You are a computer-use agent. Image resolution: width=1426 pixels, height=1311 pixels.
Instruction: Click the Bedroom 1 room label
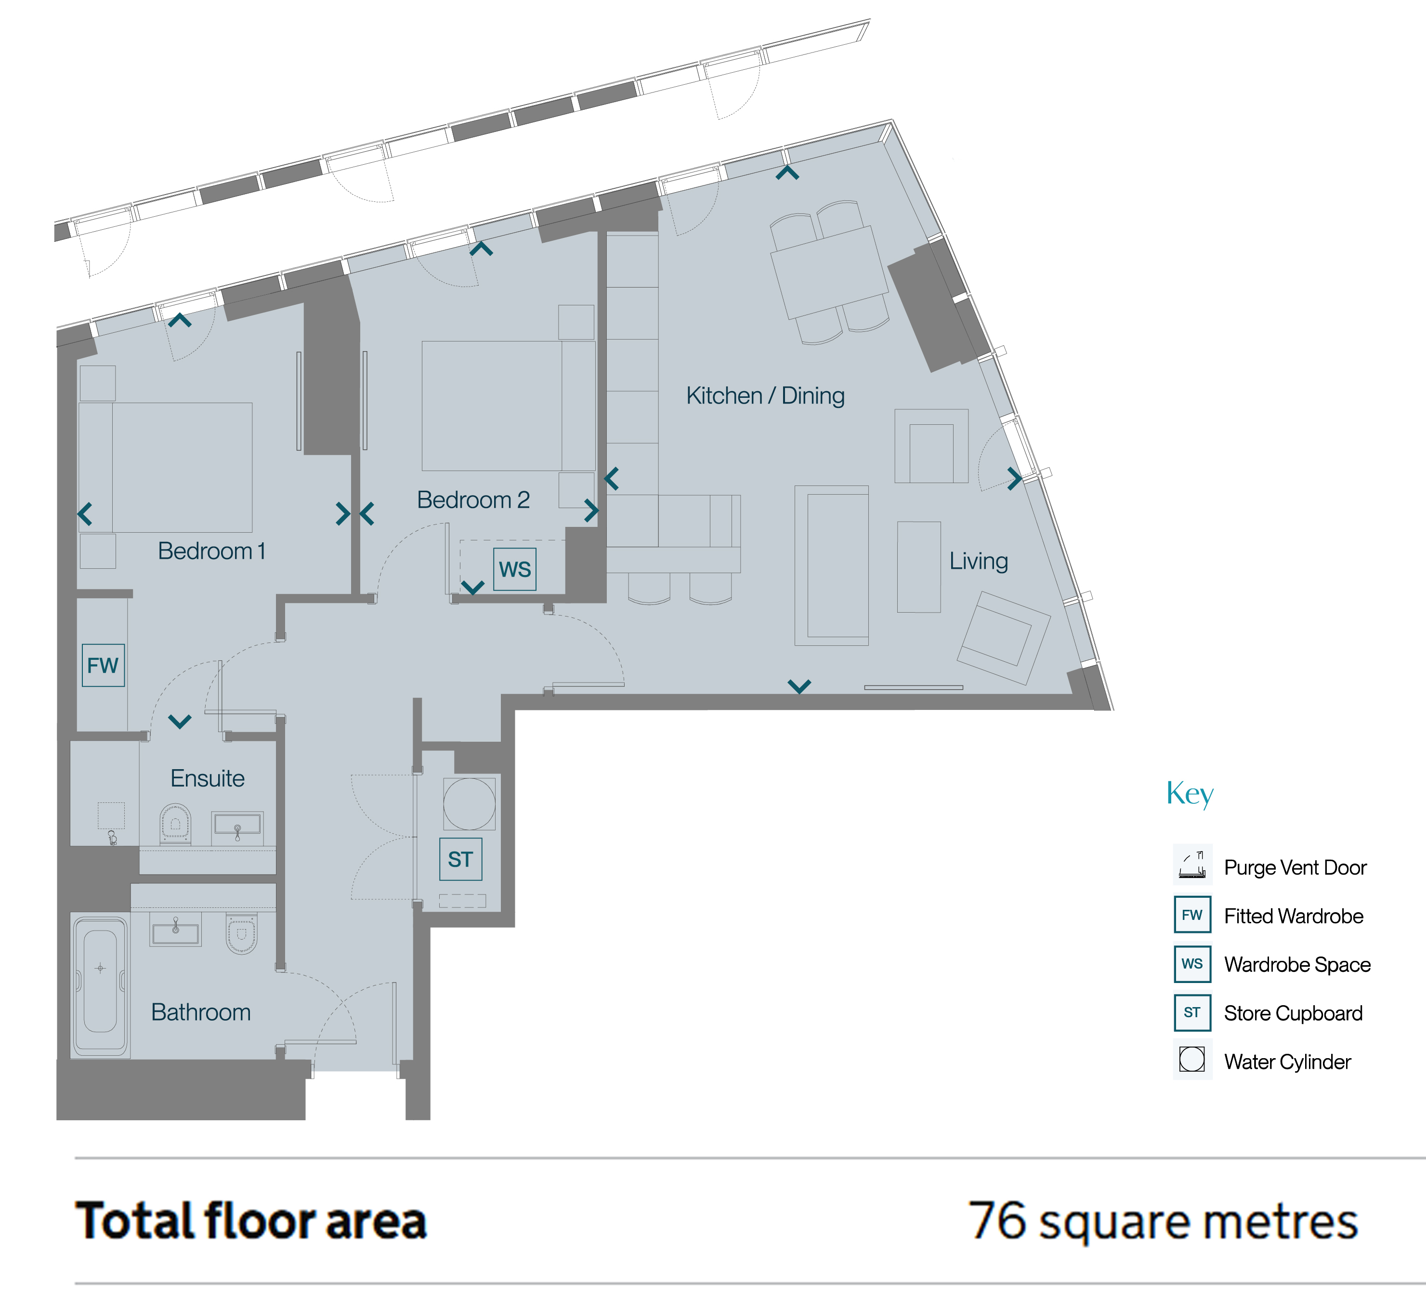[x=211, y=551]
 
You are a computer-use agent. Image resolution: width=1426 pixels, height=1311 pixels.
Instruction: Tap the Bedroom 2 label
[x=473, y=500]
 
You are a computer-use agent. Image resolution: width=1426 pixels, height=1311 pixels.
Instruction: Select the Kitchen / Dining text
[x=766, y=396]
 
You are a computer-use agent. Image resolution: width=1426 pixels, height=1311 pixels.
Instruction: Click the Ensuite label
[x=207, y=779]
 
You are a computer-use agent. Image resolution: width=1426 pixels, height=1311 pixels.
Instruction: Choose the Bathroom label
[x=201, y=1012]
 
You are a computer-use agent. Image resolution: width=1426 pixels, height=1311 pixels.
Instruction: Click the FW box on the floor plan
[x=104, y=666]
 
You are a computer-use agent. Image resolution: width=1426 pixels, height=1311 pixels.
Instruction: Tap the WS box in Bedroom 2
[x=515, y=569]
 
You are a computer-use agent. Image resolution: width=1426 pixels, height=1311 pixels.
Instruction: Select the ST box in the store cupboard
[x=460, y=859]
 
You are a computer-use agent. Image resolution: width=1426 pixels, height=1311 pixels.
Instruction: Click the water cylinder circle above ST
[x=470, y=804]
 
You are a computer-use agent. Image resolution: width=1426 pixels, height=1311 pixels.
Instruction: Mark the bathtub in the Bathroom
[x=100, y=985]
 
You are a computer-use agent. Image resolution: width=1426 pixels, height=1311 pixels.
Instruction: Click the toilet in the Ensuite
[x=175, y=824]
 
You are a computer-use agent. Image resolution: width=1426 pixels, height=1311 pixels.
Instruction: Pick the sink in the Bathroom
[x=175, y=930]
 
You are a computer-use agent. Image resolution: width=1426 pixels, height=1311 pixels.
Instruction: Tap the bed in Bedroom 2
[x=509, y=406]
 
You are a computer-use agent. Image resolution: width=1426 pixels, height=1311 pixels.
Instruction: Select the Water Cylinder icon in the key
[x=1192, y=1059]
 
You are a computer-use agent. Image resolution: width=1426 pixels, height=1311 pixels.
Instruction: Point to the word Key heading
[x=1190, y=794]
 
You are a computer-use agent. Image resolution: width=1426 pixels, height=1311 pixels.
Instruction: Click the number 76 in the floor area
[x=997, y=1220]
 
